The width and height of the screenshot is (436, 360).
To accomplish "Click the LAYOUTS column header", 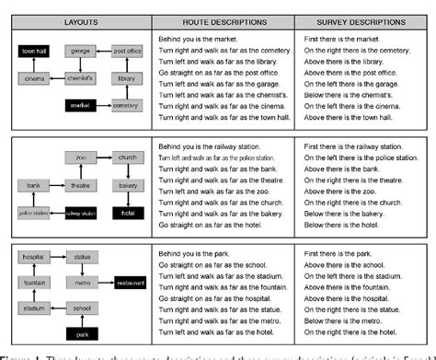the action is coord(80,20).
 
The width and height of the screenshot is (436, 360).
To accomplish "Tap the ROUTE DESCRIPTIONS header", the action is coord(224,20).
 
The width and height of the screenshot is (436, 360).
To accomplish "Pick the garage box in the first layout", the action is coord(84,52).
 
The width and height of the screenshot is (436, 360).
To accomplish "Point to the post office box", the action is coord(127,52).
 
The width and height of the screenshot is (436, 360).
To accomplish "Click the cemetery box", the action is coord(126,106).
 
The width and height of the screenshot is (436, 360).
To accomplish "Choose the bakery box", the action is coord(127,185).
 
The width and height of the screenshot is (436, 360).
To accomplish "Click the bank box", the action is coord(34,185).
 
